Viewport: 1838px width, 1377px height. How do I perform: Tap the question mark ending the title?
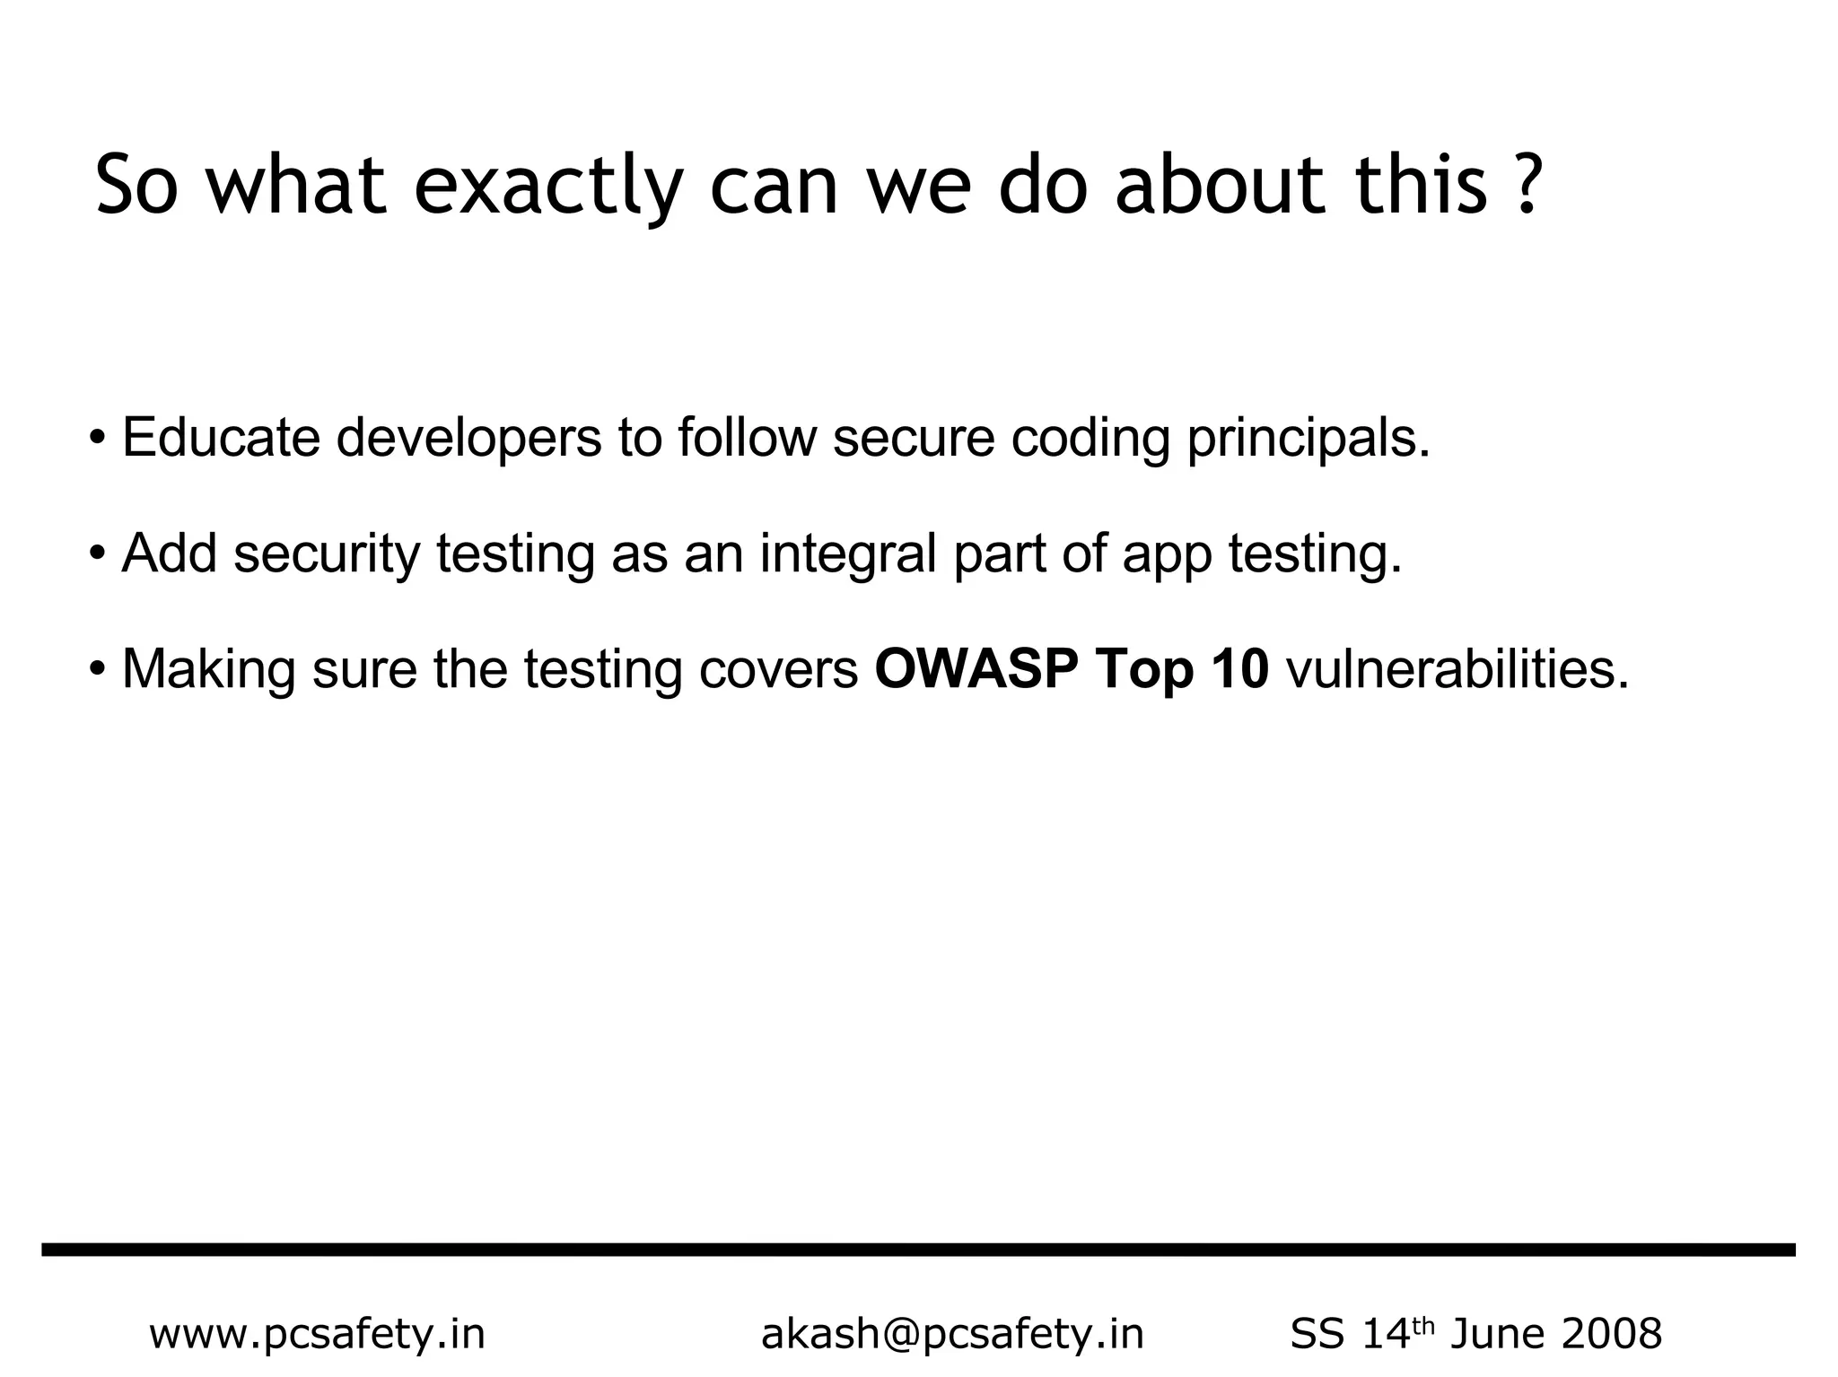[1526, 185]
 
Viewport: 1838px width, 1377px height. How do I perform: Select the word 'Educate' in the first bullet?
[221, 438]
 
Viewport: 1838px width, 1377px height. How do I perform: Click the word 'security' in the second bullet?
[327, 554]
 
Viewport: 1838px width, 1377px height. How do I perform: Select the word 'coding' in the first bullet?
[1090, 440]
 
